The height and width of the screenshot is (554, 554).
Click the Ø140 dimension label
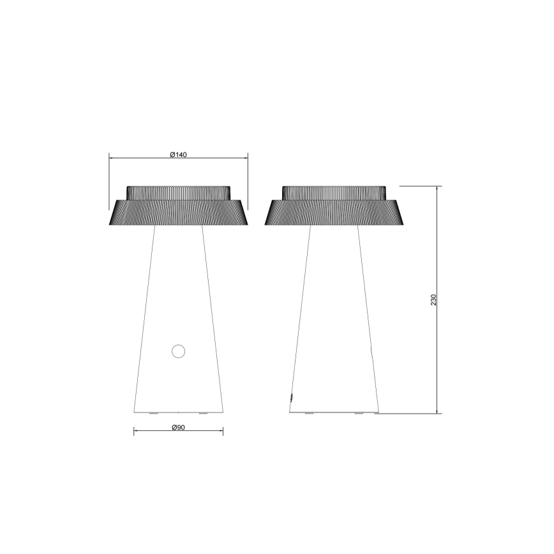178,154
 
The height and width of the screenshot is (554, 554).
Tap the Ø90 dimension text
178,428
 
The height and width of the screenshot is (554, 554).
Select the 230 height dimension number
433,300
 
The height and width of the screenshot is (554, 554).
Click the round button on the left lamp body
178,350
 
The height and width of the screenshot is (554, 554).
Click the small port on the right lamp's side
291,397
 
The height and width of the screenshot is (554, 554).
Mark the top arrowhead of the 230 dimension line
437,188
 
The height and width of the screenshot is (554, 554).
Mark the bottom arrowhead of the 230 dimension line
437,412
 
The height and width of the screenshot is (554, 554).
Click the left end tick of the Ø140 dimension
109,157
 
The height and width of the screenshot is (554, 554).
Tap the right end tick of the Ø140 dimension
248,157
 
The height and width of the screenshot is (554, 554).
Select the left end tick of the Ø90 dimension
134,432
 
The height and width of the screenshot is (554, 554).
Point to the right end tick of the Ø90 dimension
223,432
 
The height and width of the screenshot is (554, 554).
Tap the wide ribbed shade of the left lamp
178,213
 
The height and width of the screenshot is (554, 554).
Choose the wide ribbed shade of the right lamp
334,213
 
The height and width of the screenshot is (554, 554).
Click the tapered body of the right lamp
334,319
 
